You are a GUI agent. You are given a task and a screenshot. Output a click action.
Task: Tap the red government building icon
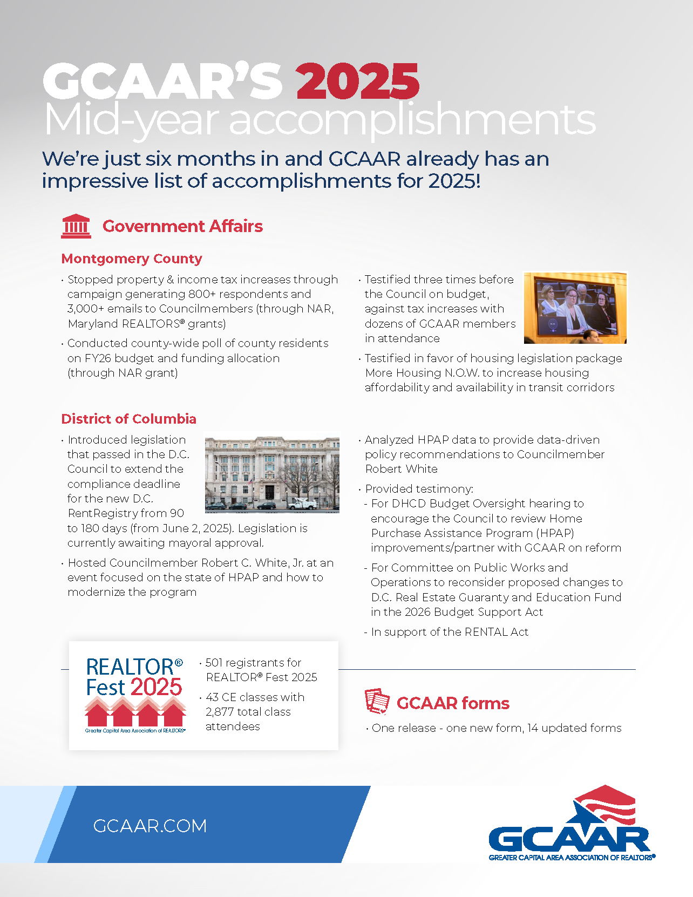[76, 226]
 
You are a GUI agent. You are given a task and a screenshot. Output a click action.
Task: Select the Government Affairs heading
[182, 226]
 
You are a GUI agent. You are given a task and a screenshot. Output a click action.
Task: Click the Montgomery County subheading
[132, 259]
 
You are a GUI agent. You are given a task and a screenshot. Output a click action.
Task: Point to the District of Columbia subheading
[128, 419]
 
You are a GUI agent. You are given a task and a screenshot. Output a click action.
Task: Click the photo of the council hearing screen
[575, 308]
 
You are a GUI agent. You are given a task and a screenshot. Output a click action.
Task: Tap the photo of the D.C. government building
[272, 474]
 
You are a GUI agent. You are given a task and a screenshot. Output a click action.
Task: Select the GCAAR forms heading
[453, 703]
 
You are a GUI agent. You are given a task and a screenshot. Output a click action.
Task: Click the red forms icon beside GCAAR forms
[377, 702]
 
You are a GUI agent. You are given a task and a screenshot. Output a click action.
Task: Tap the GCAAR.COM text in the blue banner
[150, 826]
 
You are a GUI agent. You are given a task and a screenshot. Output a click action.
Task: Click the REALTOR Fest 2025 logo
[135, 695]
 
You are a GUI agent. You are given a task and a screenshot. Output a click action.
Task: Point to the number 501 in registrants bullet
[214, 662]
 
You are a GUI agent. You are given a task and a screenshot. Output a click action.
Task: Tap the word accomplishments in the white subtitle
[412, 120]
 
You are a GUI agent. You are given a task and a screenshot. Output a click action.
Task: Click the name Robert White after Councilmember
[401, 469]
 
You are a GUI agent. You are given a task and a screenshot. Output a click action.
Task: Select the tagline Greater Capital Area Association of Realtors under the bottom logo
[572, 858]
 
